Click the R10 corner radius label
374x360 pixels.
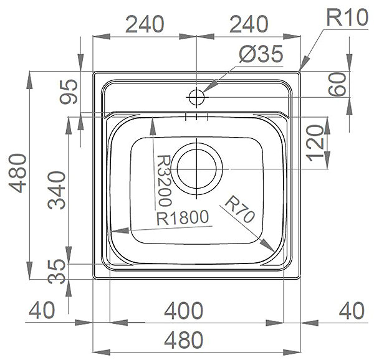click(x=347, y=17)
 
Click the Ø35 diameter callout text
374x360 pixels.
click(x=261, y=54)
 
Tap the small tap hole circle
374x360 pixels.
click(x=196, y=97)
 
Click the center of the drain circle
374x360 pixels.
click(x=196, y=169)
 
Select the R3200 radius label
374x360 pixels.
click(x=163, y=181)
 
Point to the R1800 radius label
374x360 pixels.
click(x=183, y=217)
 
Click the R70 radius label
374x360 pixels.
click(x=240, y=209)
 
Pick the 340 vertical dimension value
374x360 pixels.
click(x=57, y=190)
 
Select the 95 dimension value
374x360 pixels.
click(x=69, y=92)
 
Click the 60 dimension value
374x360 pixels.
click(x=337, y=84)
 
